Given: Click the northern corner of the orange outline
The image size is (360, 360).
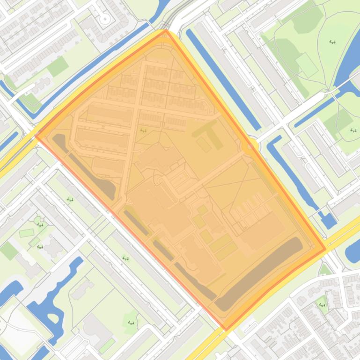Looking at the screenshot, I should tap(166, 31).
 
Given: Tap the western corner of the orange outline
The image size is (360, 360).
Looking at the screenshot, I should tap(36, 136).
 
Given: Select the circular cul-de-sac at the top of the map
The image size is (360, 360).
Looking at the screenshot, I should tap(105, 19).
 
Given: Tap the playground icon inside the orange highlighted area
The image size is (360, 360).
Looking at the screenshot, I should tap(143, 130).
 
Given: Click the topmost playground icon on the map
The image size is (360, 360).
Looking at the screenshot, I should tap(332, 42).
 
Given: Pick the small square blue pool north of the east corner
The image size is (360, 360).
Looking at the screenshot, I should tap(328, 220).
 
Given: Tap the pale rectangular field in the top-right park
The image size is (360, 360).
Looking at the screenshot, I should tap(307, 64).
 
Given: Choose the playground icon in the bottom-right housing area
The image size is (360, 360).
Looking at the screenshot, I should tap(322, 305).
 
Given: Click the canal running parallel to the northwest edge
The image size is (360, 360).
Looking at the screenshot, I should tap(94, 70).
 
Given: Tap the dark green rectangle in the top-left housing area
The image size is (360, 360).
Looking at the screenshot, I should tap(58, 67).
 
